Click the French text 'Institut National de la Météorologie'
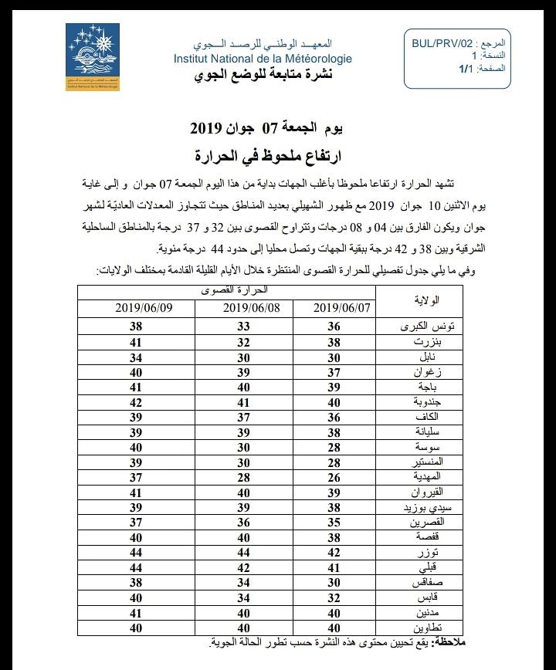coord(263,59)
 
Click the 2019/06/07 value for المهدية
coord(334,477)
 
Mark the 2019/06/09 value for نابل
coord(136,357)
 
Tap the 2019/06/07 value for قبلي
coord(334,568)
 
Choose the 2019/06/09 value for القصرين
coord(136,523)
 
